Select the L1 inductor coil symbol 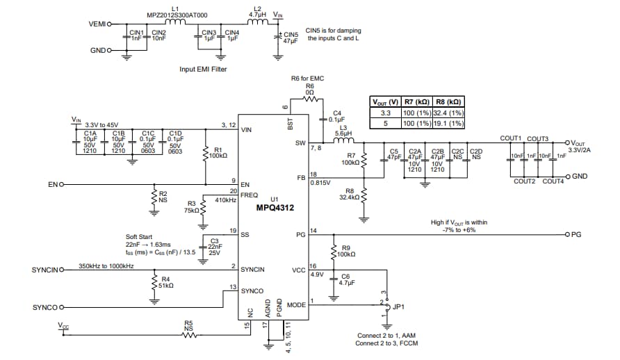[x=174, y=22]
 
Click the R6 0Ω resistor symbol [x=310, y=98]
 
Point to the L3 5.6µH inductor [x=343, y=142]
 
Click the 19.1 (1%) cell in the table [x=448, y=124]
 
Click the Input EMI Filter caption [x=203, y=69]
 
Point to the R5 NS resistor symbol [x=188, y=335]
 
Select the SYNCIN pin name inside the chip [x=252, y=268]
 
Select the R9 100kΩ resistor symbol [x=334, y=251]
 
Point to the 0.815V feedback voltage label [x=320, y=183]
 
